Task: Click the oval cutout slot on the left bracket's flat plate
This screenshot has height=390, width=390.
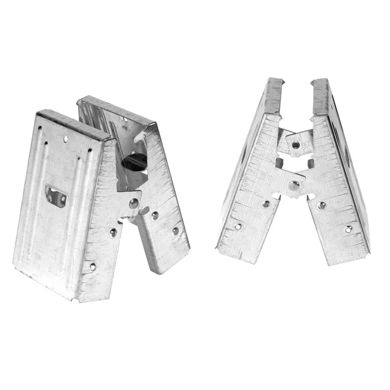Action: (x=56, y=197)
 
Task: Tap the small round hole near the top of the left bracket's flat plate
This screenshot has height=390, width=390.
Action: (x=66, y=139)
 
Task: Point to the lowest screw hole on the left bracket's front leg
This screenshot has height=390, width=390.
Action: (x=93, y=266)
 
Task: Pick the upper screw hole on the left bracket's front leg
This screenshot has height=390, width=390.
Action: (x=113, y=232)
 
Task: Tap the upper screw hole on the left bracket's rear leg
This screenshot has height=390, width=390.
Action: (x=155, y=216)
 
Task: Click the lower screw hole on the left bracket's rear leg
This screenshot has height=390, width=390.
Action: (x=175, y=231)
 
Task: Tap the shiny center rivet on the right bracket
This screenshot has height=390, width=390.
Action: (x=294, y=186)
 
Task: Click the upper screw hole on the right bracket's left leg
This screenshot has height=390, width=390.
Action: (x=266, y=204)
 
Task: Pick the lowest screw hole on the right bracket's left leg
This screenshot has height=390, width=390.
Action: (x=238, y=226)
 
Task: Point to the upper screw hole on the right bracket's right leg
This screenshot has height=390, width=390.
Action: (x=322, y=206)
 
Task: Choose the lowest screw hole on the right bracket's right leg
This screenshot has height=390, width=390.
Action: (x=349, y=229)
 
